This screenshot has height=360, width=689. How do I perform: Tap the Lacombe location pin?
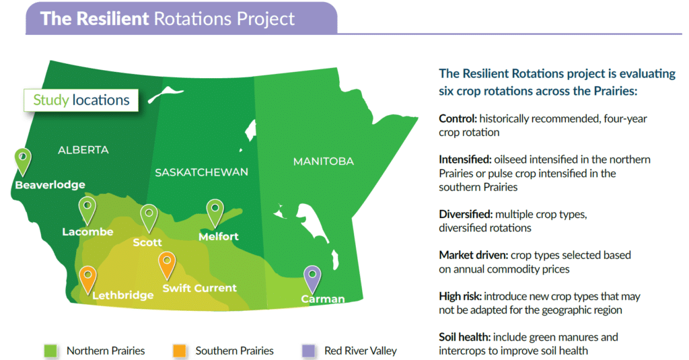coord(87,211)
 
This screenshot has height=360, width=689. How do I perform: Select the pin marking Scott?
coord(149,218)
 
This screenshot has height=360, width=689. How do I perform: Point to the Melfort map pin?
coord(215,213)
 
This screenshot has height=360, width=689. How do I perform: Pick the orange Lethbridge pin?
coord(87,279)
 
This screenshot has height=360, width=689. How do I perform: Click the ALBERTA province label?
coord(83,150)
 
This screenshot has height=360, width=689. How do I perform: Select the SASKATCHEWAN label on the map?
coord(201,172)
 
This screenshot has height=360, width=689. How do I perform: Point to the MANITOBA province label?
coord(324,161)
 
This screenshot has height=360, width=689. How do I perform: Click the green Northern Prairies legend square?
coord(50,351)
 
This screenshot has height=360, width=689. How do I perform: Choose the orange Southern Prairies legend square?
coord(179,351)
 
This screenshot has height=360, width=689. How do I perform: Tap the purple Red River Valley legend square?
coord(308,351)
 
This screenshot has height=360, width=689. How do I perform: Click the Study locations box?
coord(81,100)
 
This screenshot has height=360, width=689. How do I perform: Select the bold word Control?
coord(458,118)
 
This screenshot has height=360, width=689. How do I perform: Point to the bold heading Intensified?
coord(465,159)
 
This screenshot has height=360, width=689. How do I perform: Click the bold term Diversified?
coord(466,215)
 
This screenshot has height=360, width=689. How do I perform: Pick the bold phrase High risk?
coord(460,297)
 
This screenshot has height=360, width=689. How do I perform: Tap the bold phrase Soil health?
coord(464,337)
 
